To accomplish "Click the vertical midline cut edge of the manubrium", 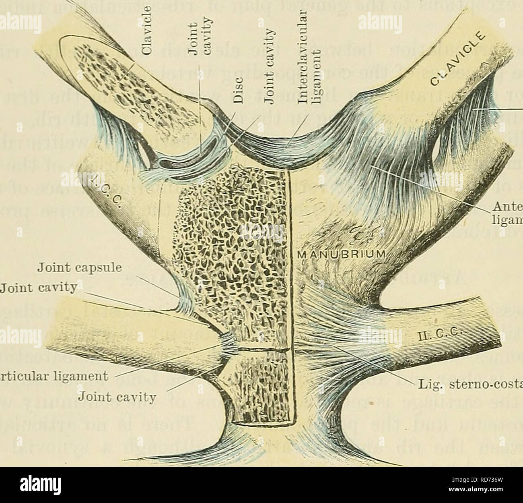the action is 290,282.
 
